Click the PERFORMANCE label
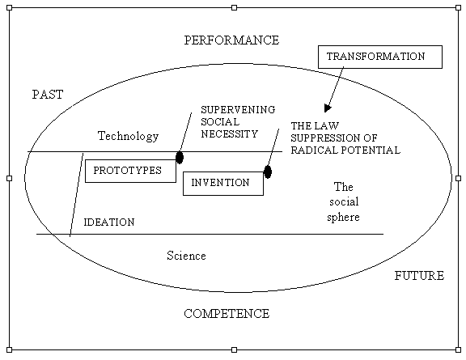tap(231, 40)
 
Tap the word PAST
tap(48, 95)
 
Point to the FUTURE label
tap(419, 276)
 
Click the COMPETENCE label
tap(227, 314)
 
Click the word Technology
tap(128, 136)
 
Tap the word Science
tap(186, 256)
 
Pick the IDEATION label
tap(109, 222)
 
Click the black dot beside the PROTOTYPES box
tap(180, 157)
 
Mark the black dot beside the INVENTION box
tap(268, 172)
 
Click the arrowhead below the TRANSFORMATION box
tap(327, 108)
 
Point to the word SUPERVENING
tap(238, 110)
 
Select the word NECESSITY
tap(229, 134)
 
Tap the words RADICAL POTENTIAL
tap(345, 150)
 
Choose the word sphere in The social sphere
tap(343, 218)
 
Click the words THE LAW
tap(315, 125)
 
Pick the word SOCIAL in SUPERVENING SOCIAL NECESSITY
tap(220, 122)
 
